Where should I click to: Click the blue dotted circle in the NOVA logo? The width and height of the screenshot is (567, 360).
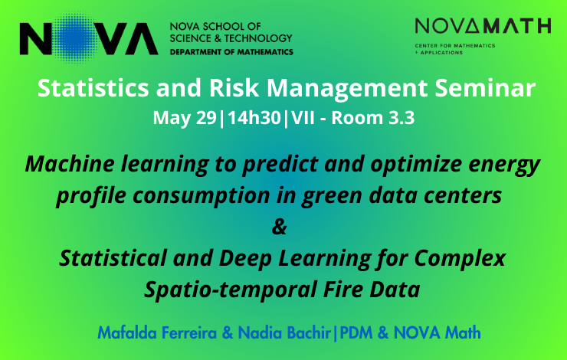[x=77, y=38]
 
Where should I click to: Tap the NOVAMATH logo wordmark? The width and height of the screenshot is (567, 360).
[x=483, y=26]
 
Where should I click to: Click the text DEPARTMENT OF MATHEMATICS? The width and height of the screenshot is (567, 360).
[x=231, y=52]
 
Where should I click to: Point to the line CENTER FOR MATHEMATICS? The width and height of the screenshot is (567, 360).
[x=455, y=45]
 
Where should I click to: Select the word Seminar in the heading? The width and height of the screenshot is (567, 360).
[x=485, y=88]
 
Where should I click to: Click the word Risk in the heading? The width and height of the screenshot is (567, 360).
[x=234, y=88]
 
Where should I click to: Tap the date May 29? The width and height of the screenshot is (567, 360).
[x=185, y=118]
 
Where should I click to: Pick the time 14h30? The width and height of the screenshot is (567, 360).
[x=254, y=118]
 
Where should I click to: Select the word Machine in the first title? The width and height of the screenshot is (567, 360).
[x=70, y=164]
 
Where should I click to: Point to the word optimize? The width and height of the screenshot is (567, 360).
[x=416, y=165]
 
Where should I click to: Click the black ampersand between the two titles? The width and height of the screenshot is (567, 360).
[x=279, y=227]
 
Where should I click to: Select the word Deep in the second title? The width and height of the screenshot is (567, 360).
[x=245, y=259]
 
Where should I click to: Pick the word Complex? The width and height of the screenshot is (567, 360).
[x=460, y=259]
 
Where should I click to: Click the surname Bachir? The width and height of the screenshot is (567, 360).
[x=310, y=332]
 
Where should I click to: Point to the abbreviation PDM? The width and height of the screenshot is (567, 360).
[x=356, y=332]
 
